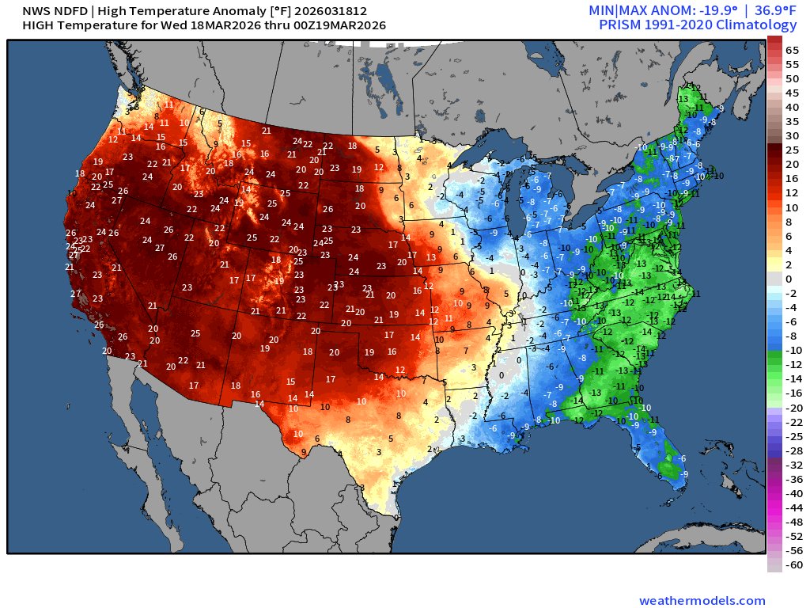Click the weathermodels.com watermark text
coord(702,601)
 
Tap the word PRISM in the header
coord(622,25)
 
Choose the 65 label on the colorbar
coord(792,49)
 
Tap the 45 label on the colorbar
coord(792,93)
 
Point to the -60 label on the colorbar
coord(792,564)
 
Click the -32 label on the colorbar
coord(792,465)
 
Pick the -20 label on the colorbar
coord(792,408)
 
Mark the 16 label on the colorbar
coord(792,179)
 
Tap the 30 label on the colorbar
coord(792,135)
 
